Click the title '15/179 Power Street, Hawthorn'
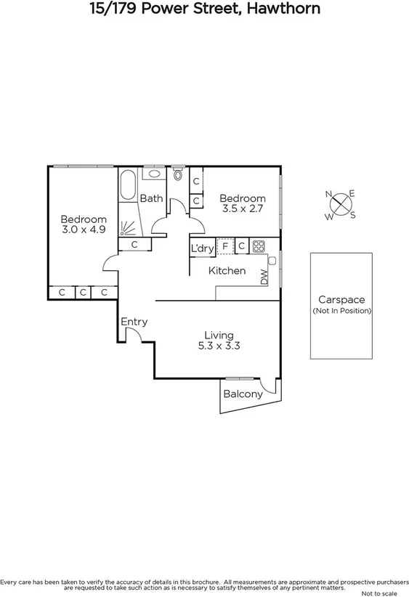[x=204, y=9]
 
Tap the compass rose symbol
[x=340, y=204]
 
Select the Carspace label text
[x=341, y=299]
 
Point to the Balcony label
[x=243, y=394]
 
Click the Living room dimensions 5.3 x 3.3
[x=219, y=346]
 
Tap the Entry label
[x=134, y=322]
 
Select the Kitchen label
[x=227, y=271]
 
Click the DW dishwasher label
[x=264, y=276]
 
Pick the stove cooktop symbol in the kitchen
[x=258, y=247]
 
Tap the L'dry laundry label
[x=202, y=248]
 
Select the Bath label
[x=151, y=198]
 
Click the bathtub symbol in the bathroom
[x=128, y=184]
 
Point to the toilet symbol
[x=178, y=174]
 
